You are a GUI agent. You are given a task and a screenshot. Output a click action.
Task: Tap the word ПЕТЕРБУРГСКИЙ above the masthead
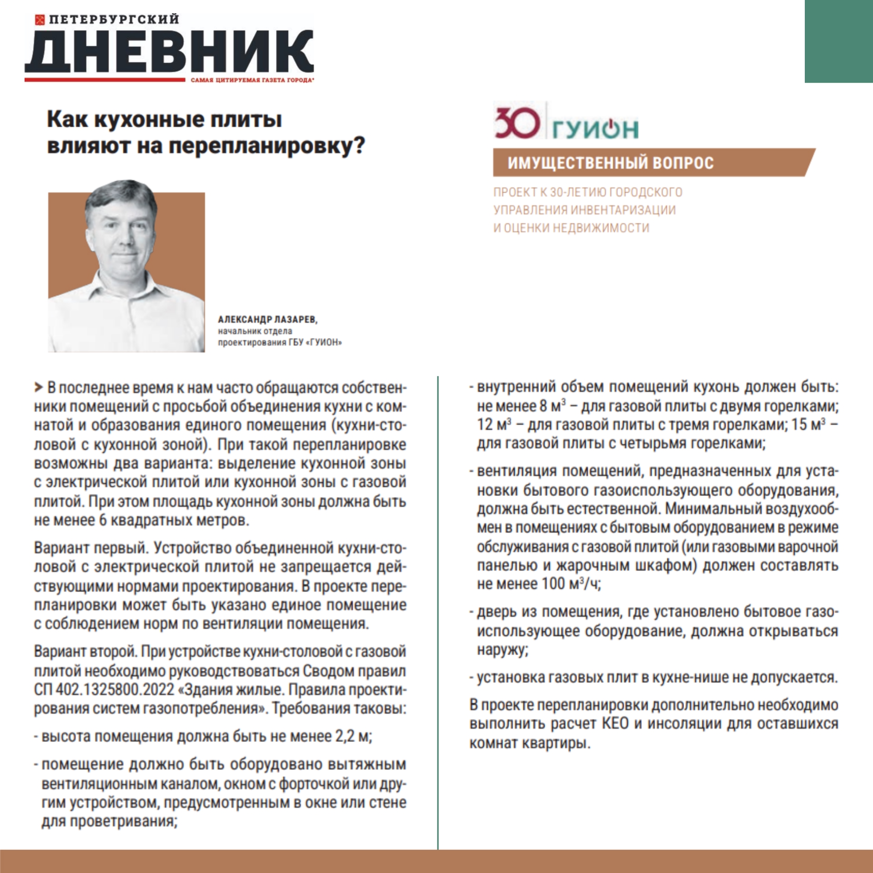pyautogui.click(x=114, y=19)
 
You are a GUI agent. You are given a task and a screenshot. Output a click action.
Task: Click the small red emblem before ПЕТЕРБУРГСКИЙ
pyautogui.click(x=40, y=20)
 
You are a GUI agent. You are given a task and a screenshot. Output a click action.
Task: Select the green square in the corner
pyautogui.click(x=838, y=41)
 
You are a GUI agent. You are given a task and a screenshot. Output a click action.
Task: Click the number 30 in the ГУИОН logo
pyautogui.click(x=517, y=123)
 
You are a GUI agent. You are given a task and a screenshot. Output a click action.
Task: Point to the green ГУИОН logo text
pyautogui.click(x=596, y=129)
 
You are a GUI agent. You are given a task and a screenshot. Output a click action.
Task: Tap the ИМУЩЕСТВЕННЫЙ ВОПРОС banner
pyautogui.click(x=610, y=163)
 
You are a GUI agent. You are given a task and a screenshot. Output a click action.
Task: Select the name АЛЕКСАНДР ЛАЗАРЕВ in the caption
pyautogui.click(x=267, y=320)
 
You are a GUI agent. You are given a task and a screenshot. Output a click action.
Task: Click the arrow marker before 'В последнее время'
pyautogui.click(x=38, y=388)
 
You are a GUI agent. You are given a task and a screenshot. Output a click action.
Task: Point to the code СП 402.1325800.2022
pyautogui.click(x=104, y=690)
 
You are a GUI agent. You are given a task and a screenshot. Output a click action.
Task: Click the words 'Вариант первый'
pyautogui.click(x=91, y=548)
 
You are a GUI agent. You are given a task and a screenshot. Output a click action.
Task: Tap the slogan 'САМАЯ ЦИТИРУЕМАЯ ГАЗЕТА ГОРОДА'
pyautogui.click(x=251, y=80)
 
